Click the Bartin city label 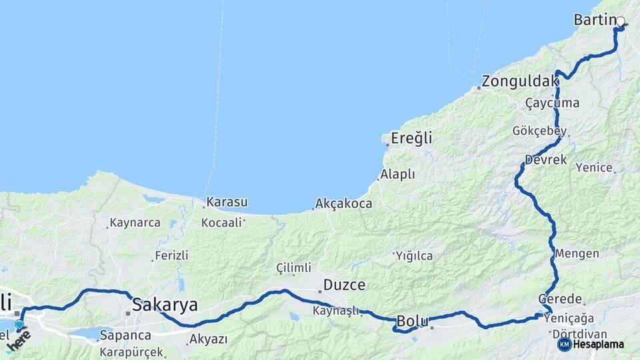click(x=593, y=21)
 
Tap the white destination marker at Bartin click(x=621, y=21)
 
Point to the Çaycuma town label click(x=552, y=103)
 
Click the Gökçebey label click(x=540, y=131)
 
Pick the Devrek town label click(x=545, y=160)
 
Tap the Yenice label click(x=594, y=167)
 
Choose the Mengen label click(x=577, y=254)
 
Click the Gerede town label click(x=561, y=299)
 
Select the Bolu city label click(x=412, y=321)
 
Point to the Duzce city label click(x=344, y=285)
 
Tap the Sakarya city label click(x=165, y=305)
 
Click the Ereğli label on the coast click(x=412, y=139)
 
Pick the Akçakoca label click(x=343, y=204)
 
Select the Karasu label click(x=227, y=201)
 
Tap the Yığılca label click(x=414, y=256)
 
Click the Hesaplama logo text click(x=598, y=345)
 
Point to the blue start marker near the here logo click(x=19, y=325)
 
